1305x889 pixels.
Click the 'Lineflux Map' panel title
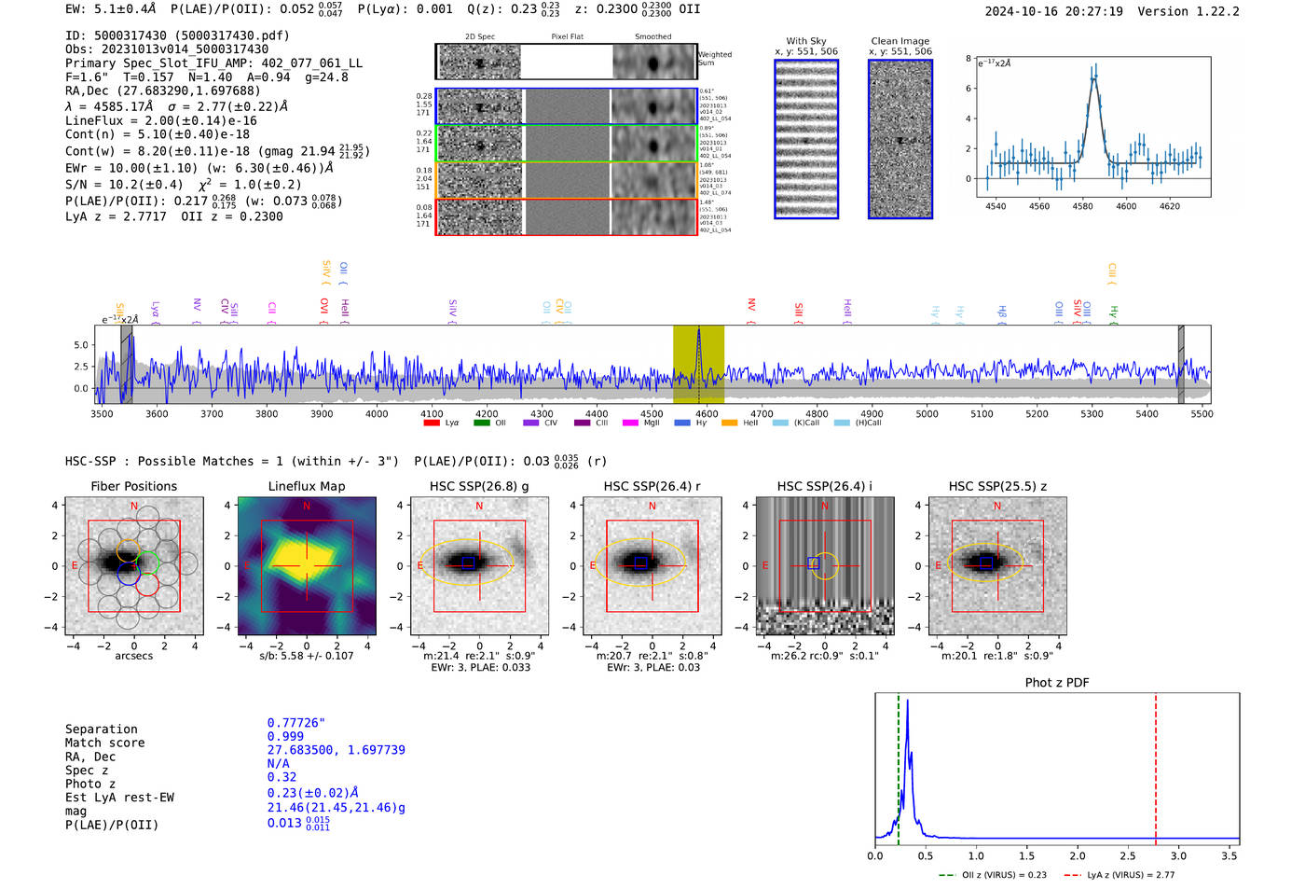pos(306,486)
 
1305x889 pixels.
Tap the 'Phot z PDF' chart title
pos(1056,683)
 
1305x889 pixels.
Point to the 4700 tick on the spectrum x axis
pos(762,413)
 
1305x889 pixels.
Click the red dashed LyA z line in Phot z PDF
pos(1156,765)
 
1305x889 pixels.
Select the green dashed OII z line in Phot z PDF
pos(899,765)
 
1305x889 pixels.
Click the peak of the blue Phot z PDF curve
pos(907,701)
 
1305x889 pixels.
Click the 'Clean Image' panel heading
pos(900,41)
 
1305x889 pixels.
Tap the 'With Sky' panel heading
pos(805,41)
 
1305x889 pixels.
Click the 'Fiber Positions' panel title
pos(133,486)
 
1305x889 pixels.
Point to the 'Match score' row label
pos(104,743)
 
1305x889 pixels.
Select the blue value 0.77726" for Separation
pos(295,723)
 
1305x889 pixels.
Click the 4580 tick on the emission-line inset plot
pos(1082,206)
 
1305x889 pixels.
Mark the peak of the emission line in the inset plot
pos(1094,76)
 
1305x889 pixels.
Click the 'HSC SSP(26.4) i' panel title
pos(824,486)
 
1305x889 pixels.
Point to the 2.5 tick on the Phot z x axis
pos(1128,855)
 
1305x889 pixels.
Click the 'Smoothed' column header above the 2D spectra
pos(652,37)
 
